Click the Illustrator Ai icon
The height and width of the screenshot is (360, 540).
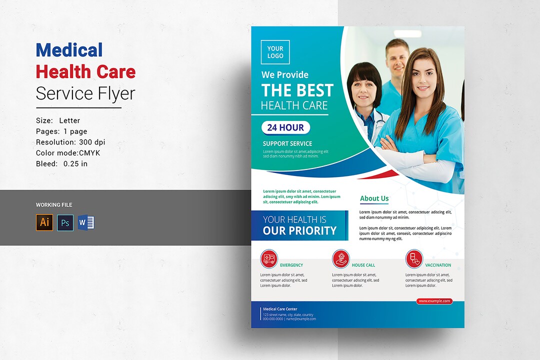(44, 222)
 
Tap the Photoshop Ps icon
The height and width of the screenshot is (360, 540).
(65, 222)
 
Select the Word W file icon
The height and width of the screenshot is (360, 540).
(86, 222)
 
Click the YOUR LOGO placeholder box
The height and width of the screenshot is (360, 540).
(275, 52)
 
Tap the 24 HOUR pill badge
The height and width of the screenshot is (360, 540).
(285, 127)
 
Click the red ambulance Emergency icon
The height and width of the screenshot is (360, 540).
(269, 258)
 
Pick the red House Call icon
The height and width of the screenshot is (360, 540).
(341, 258)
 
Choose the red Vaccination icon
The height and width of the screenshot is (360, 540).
(414, 258)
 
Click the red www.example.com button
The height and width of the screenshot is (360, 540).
(434, 301)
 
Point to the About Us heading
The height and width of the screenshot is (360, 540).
(374, 198)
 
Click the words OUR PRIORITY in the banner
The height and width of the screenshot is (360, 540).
(299, 230)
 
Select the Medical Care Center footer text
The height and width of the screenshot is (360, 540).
(280, 309)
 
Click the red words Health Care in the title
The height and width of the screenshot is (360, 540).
(85, 71)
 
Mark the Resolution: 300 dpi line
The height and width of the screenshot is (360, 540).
(70, 142)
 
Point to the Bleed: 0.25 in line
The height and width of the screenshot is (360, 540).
(61, 163)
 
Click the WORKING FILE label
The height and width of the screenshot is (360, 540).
(54, 205)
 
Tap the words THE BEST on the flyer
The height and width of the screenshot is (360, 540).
(297, 90)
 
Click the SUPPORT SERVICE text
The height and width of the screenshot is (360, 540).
(287, 143)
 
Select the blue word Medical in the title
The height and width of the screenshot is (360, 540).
(69, 50)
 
